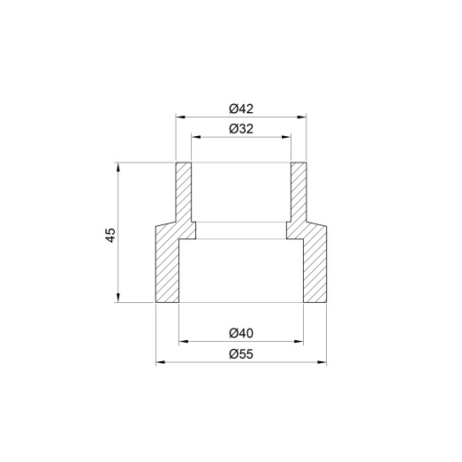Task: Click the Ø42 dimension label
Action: coord(241,109)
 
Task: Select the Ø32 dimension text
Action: coord(241,129)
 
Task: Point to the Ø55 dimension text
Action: coord(241,354)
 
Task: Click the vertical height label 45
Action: coord(110,234)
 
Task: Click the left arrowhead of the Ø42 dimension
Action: coord(179,116)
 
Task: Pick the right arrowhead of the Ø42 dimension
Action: coord(303,116)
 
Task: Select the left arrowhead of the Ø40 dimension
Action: coord(183,340)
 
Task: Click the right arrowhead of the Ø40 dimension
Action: coord(300,340)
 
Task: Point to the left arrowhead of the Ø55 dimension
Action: coord(160,361)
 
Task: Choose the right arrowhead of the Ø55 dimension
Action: coord(323,361)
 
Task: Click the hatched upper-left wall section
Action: coord(184,190)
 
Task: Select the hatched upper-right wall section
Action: coord(299,190)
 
